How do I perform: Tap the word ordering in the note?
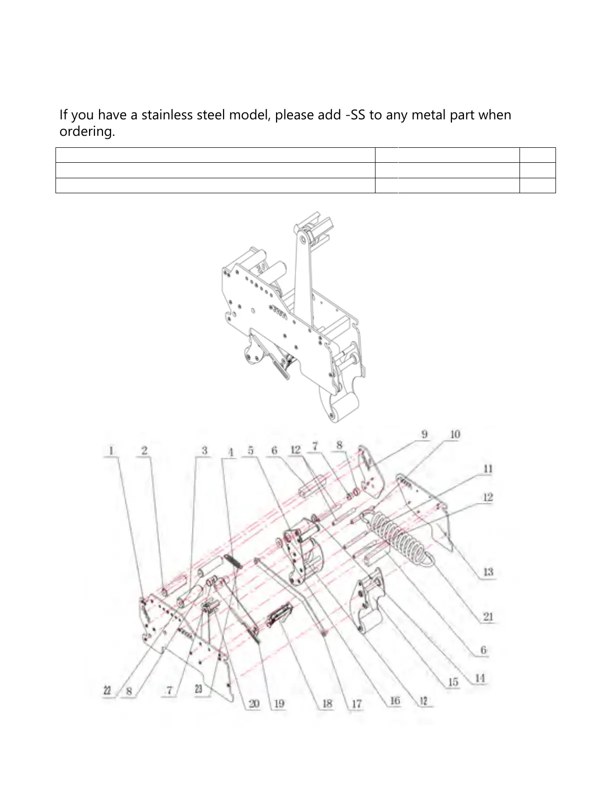[x=86, y=131]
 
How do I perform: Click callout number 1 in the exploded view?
[x=111, y=450]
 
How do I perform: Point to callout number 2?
[x=144, y=450]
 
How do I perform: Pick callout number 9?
[x=424, y=434]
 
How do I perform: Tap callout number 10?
[x=454, y=434]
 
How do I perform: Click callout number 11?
[x=487, y=468]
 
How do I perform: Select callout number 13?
[x=488, y=572]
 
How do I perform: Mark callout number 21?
[x=488, y=617]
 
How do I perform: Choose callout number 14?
[x=479, y=678]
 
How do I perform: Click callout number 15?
[x=453, y=682]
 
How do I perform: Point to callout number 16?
[x=395, y=701]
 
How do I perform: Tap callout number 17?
[x=356, y=704]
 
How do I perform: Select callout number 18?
[x=327, y=704]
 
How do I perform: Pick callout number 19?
[x=279, y=704]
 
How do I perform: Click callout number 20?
[x=254, y=704]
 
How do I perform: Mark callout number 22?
[x=107, y=691]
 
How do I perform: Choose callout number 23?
[x=198, y=689]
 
